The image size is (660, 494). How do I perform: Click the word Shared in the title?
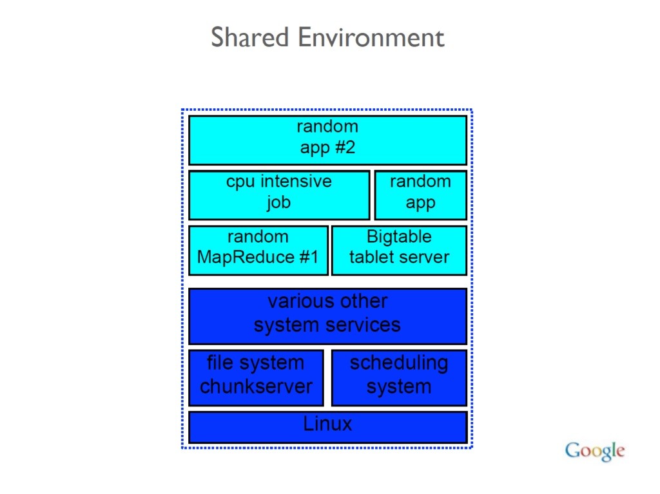(x=249, y=37)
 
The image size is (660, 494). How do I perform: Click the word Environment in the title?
(x=371, y=37)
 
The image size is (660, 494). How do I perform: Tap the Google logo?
(x=595, y=451)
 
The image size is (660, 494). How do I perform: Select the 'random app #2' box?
(x=328, y=140)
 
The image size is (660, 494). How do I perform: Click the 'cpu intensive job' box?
(x=279, y=195)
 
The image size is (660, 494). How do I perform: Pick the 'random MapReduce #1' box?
(x=258, y=251)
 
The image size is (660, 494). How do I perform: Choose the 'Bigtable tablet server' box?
(x=400, y=251)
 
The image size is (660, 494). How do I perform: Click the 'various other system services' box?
(x=328, y=316)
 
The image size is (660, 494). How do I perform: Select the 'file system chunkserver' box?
(x=257, y=377)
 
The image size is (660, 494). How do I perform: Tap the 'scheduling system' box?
(x=400, y=377)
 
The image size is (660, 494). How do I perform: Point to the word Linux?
(x=327, y=423)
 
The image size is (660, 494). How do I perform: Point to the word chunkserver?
(x=256, y=386)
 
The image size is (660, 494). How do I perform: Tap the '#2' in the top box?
(x=345, y=147)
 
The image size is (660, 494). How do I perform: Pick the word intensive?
(x=296, y=182)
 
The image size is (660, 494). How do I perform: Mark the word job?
(x=278, y=203)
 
